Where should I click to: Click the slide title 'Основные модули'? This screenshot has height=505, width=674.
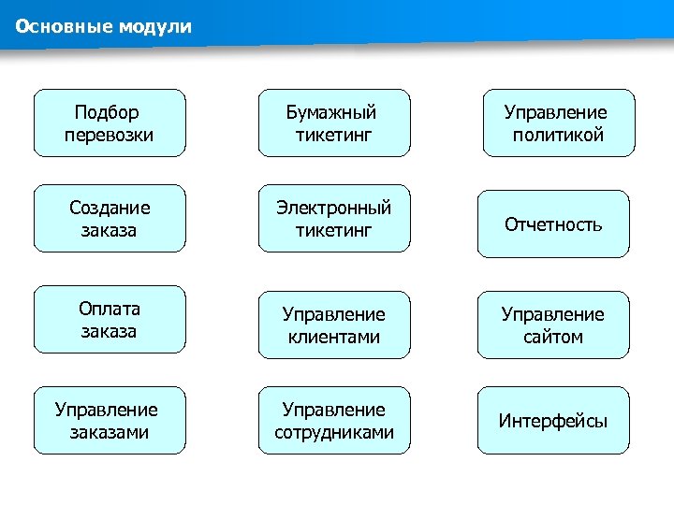(103, 26)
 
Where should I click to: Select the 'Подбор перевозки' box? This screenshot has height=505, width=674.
(110, 123)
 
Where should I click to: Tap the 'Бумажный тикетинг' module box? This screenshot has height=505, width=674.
(334, 123)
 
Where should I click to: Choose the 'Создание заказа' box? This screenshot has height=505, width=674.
(110, 219)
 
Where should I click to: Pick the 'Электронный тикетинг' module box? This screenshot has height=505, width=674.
(334, 219)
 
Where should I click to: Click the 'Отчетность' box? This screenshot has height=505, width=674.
(553, 224)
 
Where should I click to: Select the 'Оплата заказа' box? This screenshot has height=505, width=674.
(110, 320)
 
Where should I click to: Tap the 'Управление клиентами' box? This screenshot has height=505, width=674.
(334, 325)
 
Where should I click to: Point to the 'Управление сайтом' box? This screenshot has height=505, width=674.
(553, 325)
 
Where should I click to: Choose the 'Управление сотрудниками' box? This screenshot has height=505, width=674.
(334, 421)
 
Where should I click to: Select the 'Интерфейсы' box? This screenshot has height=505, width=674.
(553, 421)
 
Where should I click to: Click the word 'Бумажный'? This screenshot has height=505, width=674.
(331, 113)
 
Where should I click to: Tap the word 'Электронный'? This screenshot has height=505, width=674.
(334, 208)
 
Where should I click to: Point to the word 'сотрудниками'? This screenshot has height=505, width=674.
(334, 433)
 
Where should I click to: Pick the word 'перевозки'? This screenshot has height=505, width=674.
(110, 136)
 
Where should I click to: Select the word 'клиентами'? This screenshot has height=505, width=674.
(334, 337)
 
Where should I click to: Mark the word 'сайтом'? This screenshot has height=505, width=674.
(553, 337)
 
